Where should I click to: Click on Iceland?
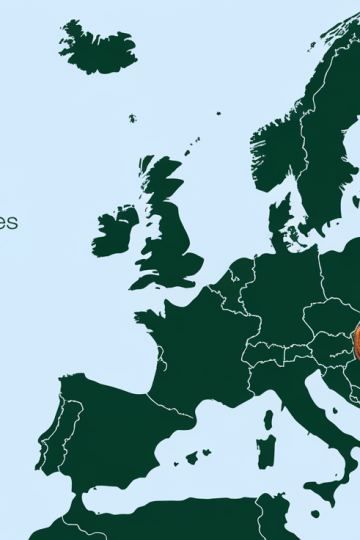point(97,47)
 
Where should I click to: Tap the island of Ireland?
point(116,232)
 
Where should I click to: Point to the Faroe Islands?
point(132,119)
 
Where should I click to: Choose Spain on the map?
point(100,430)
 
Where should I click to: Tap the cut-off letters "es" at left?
point(8,221)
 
